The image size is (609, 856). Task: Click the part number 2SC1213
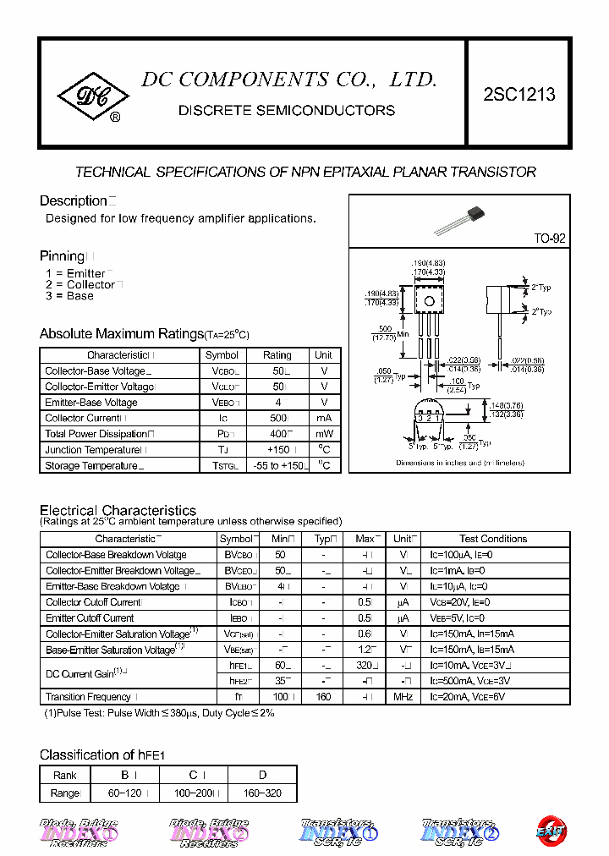pyautogui.click(x=519, y=95)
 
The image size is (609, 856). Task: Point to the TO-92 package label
pyautogui.click(x=549, y=239)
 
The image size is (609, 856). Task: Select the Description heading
pyautogui.click(x=73, y=201)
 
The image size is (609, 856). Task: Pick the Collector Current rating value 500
pyautogui.click(x=277, y=419)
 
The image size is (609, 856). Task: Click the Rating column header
pyautogui.click(x=277, y=355)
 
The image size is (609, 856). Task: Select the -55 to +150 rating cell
pyautogui.click(x=277, y=466)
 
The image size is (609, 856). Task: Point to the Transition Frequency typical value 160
pyautogui.click(x=323, y=697)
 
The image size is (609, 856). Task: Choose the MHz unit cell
pyautogui.click(x=403, y=697)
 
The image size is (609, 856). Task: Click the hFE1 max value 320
pyautogui.click(x=365, y=666)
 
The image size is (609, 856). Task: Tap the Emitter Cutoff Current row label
pyautogui.click(x=90, y=618)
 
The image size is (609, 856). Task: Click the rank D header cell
pyautogui.click(x=262, y=775)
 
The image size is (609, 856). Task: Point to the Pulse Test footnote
pyautogui.click(x=159, y=713)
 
